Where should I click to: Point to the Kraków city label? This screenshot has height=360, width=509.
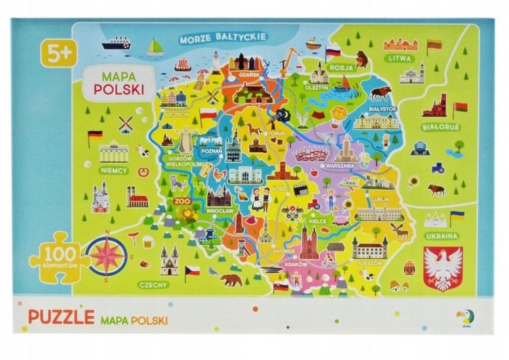[295, 263]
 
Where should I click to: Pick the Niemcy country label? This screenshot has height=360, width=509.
[113, 170]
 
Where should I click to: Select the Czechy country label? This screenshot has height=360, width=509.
[153, 284]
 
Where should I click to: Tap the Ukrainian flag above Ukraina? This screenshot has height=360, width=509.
[457, 216]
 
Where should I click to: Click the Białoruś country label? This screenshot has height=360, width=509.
[441, 126]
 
